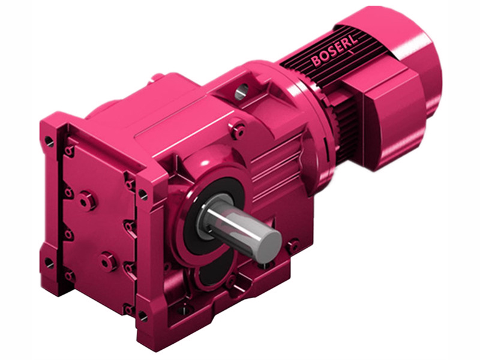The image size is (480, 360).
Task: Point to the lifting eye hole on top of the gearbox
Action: pyautogui.click(x=241, y=91)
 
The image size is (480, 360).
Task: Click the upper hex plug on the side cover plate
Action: pyautogui.click(x=88, y=200)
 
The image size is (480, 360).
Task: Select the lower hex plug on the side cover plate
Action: pyautogui.click(x=108, y=261)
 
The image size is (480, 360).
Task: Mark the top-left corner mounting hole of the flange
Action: pyautogui.click(x=49, y=142)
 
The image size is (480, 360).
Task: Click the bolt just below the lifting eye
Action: pyautogui.click(x=239, y=129)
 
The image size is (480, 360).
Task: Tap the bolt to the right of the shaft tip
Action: pyautogui.click(x=293, y=245)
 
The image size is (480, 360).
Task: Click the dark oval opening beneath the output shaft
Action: pyautogui.click(x=210, y=273)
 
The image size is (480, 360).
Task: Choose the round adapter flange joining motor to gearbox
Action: pyautogui.click(x=309, y=120)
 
